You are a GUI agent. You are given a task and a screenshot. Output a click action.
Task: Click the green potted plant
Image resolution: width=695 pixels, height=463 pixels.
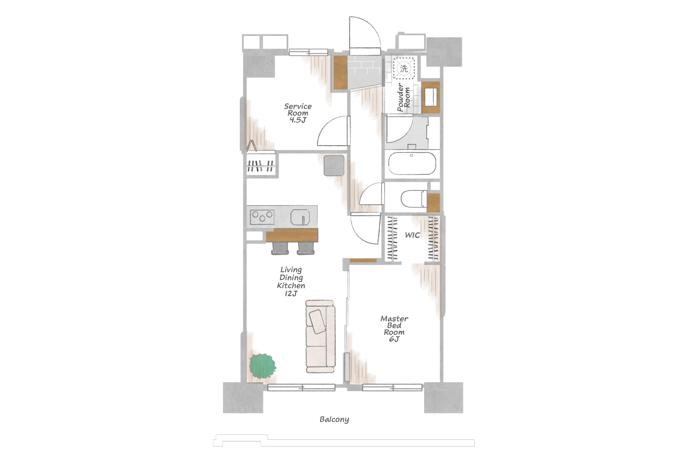pyautogui.click(x=263, y=366)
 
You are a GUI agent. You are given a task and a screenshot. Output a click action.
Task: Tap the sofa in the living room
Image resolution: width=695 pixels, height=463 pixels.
pyautogui.click(x=320, y=336)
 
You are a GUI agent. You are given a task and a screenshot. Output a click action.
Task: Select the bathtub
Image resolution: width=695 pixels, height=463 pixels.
pyautogui.click(x=412, y=164)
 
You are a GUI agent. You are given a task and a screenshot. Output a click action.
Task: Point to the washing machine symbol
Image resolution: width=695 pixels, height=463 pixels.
pyautogui.click(x=404, y=68)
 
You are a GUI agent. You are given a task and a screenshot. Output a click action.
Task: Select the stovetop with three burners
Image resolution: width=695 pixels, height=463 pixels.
pyautogui.click(x=263, y=217)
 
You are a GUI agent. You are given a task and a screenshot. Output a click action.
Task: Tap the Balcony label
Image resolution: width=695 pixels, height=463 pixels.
pyautogui.click(x=334, y=420)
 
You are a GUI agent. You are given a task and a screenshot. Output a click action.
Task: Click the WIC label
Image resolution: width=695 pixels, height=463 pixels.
pyautogui.click(x=412, y=235)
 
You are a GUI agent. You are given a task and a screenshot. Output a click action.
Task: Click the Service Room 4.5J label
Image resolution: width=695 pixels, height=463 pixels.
pyautogui.click(x=298, y=113)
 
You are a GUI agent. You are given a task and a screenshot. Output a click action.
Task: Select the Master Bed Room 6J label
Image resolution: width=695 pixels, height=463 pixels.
pyautogui.click(x=394, y=329)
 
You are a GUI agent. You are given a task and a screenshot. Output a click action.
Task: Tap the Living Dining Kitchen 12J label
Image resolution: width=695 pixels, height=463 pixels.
pyautogui.click(x=291, y=281)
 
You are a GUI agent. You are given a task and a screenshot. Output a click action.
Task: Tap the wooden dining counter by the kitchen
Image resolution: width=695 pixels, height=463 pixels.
pyautogui.click(x=292, y=235)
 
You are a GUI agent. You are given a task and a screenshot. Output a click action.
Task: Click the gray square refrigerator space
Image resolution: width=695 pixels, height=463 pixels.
pyautogui.click(x=334, y=166)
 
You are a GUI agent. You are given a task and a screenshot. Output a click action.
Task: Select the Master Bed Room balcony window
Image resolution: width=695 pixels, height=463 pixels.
pyautogui.click(x=392, y=387)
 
